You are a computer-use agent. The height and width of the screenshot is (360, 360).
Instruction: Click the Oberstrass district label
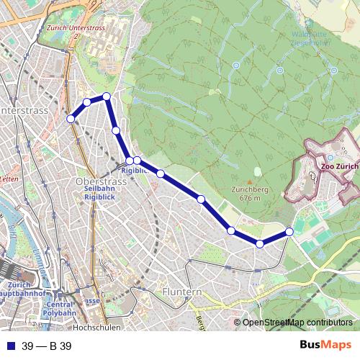101,181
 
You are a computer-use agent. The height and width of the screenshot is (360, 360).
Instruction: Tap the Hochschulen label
96,327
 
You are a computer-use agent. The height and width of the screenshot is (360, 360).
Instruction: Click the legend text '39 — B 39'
47,346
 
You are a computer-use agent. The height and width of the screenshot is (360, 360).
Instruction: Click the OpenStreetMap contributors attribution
297,323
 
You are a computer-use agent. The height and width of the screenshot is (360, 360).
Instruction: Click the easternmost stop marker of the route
289,231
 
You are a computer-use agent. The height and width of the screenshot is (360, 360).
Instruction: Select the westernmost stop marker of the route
71,119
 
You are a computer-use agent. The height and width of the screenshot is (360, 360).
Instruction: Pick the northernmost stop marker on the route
107,96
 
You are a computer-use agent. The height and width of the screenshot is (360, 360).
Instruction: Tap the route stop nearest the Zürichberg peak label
201,199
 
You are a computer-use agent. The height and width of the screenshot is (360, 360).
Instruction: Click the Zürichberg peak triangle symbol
257,171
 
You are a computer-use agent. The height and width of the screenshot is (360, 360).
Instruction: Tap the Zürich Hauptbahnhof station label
20,289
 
